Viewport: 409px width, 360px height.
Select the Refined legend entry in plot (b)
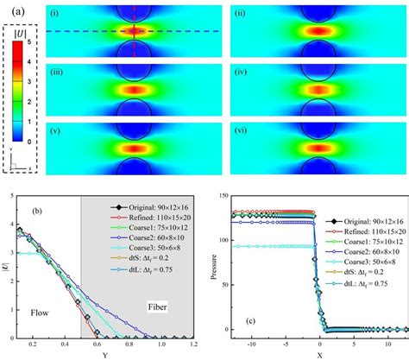click(x=148, y=219)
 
